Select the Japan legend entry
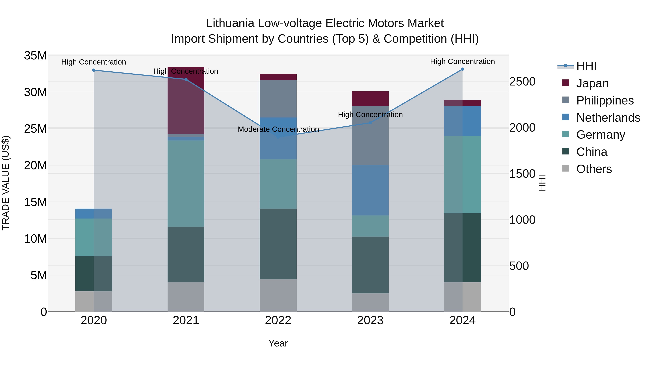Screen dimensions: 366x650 pyautogui.click(x=592, y=83)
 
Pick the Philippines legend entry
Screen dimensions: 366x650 pyautogui.click(x=604, y=100)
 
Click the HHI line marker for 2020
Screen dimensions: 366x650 pyautogui.click(x=94, y=70)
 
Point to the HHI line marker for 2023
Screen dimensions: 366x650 pyautogui.click(x=370, y=123)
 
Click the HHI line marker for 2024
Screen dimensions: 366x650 pyautogui.click(x=462, y=69)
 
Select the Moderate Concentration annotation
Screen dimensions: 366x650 pyautogui.click(x=278, y=129)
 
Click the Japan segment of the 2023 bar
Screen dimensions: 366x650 pyautogui.click(x=370, y=99)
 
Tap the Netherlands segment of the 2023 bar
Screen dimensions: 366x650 pyautogui.click(x=370, y=190)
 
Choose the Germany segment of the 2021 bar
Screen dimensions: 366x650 pyautogui.click(x=186, y=184)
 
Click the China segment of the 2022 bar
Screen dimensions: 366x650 pyautogui.click(x=278, y=244)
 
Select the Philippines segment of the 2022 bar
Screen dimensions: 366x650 pyautogui.click(x=278, y=99)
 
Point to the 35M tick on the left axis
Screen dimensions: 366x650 pyautogui.click(x=35, y=55)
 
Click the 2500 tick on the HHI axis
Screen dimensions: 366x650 pyautogui.click(x=522, y=82)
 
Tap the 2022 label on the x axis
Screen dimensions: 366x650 pyautogui.click(x=278, y=320)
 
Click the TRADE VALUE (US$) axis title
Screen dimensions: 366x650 pyautogui.click(x=6, y=183)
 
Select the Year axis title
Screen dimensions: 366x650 pyautogui.click(x=278, y=343)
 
